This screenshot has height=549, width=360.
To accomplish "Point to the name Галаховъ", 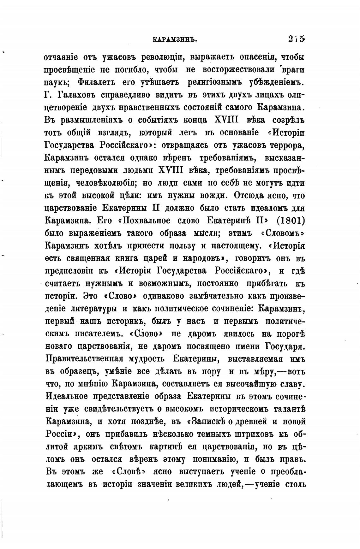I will point(75,95).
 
